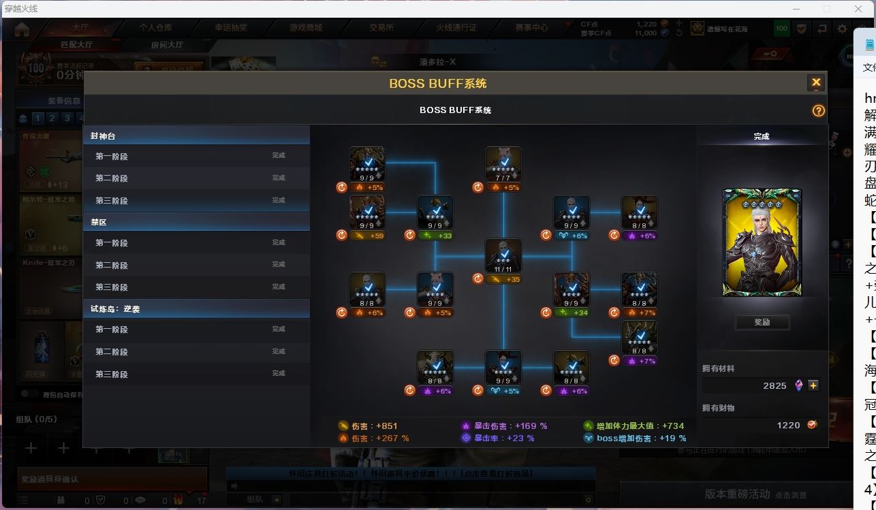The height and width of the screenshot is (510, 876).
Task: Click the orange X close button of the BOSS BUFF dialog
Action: coord(815,82)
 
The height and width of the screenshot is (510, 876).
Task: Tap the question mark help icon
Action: coord(818,110)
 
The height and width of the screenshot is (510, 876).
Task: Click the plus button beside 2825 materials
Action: coord(813,385)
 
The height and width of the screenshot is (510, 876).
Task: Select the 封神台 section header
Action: coord(196,136)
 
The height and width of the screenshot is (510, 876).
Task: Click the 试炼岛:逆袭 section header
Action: coord(196,308)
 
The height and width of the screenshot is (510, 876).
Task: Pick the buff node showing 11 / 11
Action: coord(503,257)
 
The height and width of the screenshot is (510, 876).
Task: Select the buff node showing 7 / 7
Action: coord(503,165)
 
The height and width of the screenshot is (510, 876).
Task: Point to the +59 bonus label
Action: coord(368,236)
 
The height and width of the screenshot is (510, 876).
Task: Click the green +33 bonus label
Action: coord(436,236)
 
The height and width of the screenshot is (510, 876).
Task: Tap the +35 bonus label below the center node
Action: coord(504,279)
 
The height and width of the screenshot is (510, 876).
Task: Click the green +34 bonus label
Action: coord(572,313)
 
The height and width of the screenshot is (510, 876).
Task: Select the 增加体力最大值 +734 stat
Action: coord(634,426)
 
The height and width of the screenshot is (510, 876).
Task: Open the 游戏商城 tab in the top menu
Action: coord(306,28)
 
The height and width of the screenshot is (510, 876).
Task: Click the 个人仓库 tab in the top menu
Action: coord(156,28)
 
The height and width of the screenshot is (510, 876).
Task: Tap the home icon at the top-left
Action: coord(22,29)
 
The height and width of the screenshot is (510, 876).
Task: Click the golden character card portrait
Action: coord(762,242)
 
